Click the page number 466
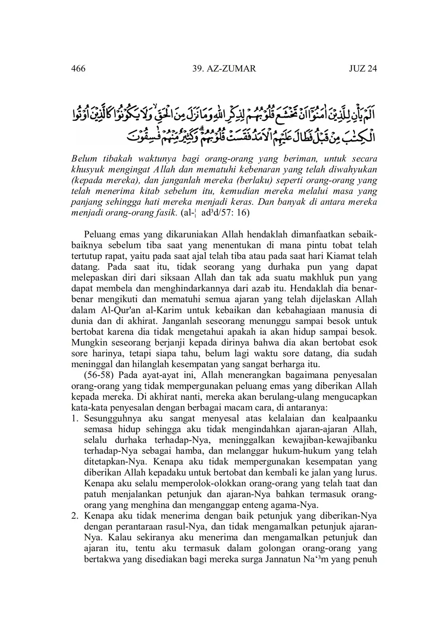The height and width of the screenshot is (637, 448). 78,69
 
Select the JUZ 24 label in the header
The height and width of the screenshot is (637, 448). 363,69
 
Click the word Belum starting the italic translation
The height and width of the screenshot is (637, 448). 85,159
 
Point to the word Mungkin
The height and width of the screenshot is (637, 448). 88,343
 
